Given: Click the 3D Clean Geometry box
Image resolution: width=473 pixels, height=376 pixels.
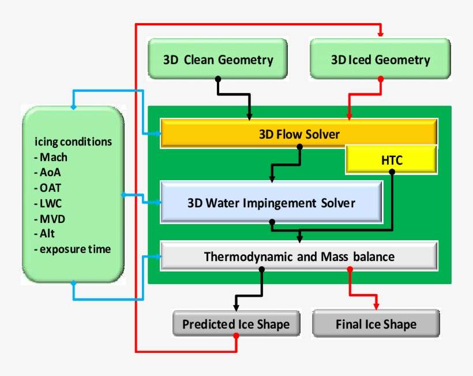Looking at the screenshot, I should (x=217, y=59).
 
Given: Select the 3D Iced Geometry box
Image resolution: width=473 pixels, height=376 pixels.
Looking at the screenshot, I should (x=380, y=59).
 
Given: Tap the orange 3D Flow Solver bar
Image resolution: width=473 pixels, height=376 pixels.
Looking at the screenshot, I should (x=299, y=134).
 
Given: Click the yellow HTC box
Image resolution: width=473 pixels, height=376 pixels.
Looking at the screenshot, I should (x=391, y=160).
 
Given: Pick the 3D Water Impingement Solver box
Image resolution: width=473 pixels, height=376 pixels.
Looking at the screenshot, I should (x=271, y=203).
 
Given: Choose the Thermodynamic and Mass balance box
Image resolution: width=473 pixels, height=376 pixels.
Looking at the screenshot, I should (x=299, y=256).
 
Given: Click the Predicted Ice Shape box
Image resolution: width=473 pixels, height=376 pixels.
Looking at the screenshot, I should (x=236, y=324).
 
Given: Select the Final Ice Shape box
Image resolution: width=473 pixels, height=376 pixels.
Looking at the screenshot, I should (x=376, y=324).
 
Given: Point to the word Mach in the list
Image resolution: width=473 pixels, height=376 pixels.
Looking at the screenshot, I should (x=53, y=157).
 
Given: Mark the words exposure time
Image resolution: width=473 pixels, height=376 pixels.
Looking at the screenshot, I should (x=75, y=249).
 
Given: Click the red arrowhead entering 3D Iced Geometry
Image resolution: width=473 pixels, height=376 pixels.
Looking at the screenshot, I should (x=380, y=34).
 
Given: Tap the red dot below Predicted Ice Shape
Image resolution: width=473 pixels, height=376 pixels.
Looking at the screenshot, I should (x=236, y=336).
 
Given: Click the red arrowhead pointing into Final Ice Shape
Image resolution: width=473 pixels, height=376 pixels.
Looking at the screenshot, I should (x=376, y=306).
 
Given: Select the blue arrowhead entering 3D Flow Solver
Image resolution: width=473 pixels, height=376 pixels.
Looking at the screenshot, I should (x=156, y=134).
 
